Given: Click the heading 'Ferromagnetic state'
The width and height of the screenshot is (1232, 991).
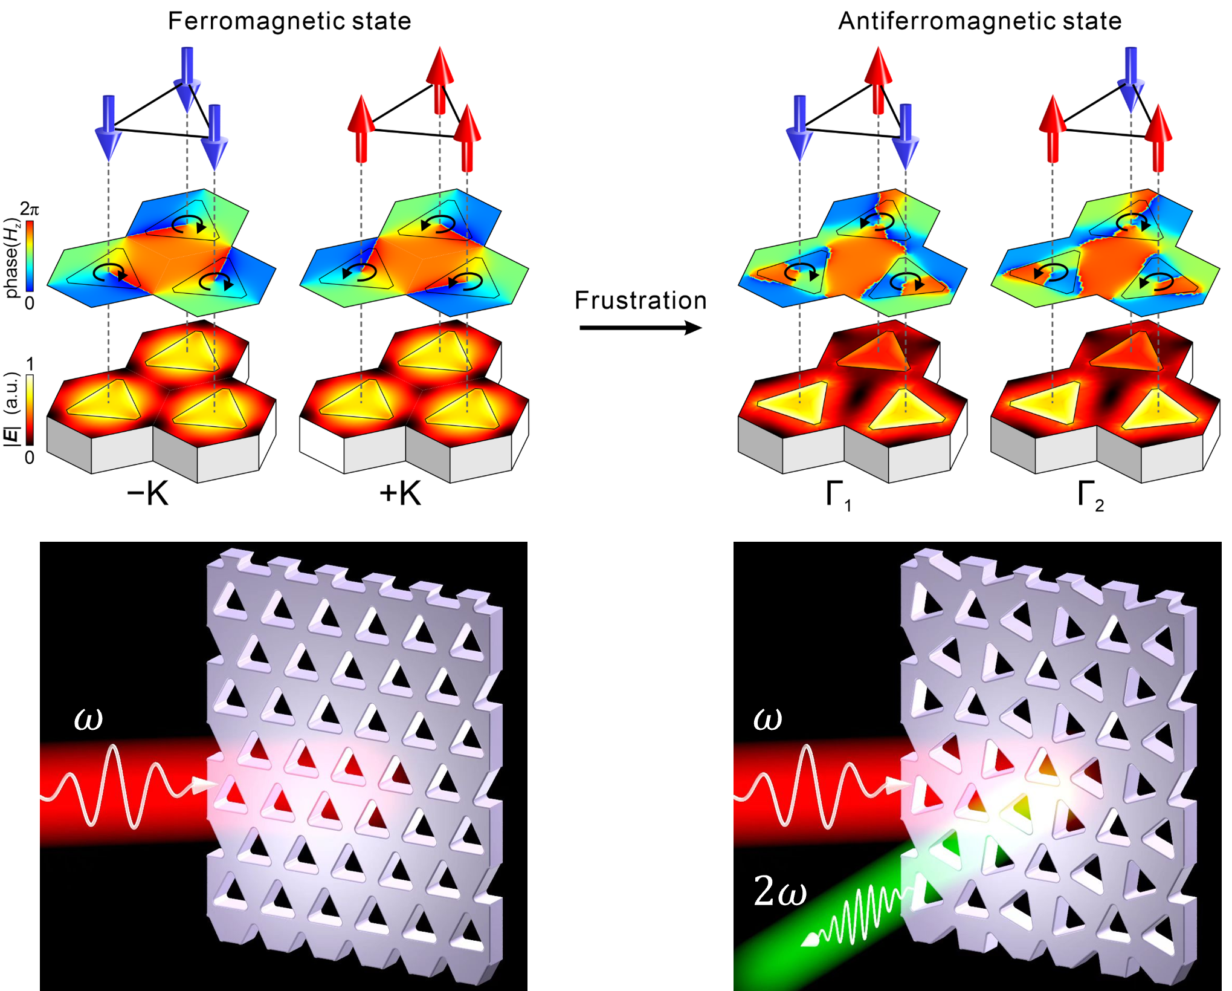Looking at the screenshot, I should pyautogui.click(x=289, y=21).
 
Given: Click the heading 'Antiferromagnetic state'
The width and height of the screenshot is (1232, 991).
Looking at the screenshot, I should pyautogui.click(x=979, y=21).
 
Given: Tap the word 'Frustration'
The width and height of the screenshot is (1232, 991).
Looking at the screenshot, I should pyautogui.click(x=640, y=301).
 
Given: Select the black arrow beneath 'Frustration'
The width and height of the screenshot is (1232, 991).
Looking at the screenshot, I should pyautogui.click(x=640, y=328).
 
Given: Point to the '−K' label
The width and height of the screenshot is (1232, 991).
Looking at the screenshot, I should pyautogui.click(x=148, y=494).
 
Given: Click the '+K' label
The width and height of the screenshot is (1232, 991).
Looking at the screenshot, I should pyautogui.click(x=400, y=494).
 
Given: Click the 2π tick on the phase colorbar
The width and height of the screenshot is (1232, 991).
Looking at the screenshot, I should pyautogui.click(x=30, y=210).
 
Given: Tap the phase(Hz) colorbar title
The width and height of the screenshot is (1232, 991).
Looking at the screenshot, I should pyautogui.click(x=12, y=257).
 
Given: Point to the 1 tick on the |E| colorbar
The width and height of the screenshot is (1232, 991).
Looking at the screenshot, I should pyautogui.click(x=30, y=364).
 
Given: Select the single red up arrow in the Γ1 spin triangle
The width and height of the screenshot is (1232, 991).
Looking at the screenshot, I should pyautogui.click(x=878, y=79).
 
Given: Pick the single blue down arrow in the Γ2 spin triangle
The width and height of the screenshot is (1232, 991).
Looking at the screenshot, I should pyautogui.click(x=1130, y=79).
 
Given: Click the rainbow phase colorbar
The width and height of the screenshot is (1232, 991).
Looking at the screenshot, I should pyautogui.click(x=28, y=257).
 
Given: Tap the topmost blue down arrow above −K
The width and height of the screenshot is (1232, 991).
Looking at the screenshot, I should pyautogui.click(x=187, y=79).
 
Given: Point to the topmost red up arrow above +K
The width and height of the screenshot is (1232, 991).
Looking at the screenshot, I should pyautogui.click(x=440, y=79).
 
